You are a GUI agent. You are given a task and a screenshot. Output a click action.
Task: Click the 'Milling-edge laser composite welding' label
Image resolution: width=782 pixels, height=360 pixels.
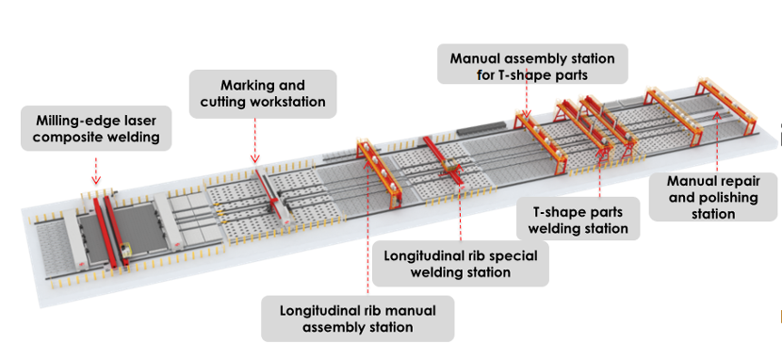click(x=96, y=128)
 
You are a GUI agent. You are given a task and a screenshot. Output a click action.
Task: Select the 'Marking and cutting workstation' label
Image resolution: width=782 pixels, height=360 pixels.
click(x=263, y=93)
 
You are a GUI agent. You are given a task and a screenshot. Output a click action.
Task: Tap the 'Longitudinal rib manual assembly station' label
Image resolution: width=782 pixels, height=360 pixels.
click(x=358, y=319)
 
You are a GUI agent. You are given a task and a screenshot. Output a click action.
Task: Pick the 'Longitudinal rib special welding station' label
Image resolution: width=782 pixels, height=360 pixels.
click(x=461, y=264)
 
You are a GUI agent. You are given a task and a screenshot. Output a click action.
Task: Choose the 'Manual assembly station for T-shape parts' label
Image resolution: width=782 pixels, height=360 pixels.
click(x=532, y=66)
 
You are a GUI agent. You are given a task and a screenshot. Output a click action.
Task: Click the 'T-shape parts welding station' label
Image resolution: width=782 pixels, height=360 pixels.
click(x=578, y=220)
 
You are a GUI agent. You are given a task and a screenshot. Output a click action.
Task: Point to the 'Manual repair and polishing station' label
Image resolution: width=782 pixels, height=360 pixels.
click(x=712, y=197)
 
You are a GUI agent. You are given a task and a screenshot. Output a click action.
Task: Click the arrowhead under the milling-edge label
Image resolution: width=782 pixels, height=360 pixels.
click(x=96, y=180)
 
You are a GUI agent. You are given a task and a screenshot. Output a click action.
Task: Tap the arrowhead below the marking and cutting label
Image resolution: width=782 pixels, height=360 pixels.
click(x=254, y=159)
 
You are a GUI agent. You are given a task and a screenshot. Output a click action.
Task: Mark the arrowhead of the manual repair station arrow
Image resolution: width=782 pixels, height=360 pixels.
click(x=717, y=115)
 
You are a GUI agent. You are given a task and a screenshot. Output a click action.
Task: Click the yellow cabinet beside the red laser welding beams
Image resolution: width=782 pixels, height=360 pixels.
click(x=125, y=250)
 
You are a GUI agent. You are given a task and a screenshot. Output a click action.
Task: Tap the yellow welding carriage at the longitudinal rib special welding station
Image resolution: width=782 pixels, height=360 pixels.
click(x=451, y=167)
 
